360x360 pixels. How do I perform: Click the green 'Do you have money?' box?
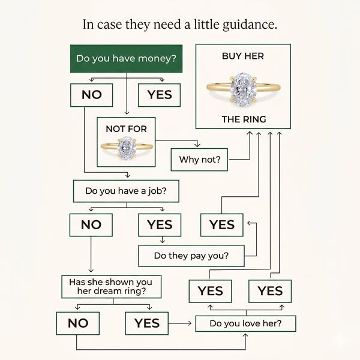click(126, 59)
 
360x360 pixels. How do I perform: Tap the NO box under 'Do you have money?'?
click(92, 95)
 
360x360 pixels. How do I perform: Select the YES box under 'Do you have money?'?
click(160, 95)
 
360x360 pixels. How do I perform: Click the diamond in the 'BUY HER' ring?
click(244, 89)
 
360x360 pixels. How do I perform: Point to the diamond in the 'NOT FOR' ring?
click(127, 148)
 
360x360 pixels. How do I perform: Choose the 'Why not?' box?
click(199, 160)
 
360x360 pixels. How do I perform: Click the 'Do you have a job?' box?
click(126, 191)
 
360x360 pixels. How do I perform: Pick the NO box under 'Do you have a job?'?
click(91, 225)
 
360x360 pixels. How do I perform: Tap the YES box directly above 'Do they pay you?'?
click(160, 225)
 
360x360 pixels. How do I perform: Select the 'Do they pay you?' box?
click(191, 256)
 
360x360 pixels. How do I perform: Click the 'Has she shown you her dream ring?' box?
click(112, 287)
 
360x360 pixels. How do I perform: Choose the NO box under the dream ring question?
click(78, 323)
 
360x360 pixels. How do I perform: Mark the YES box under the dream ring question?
click(147, 323)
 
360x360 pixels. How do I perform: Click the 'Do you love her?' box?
click(245, 323)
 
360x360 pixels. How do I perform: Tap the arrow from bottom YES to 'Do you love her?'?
click(180, 323)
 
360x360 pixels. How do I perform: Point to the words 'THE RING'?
click(244, 119)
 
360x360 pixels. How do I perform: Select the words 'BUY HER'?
click(243, 56)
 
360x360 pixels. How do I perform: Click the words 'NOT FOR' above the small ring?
click(126, 129)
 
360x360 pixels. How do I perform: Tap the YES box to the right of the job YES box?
click(222, 225)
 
